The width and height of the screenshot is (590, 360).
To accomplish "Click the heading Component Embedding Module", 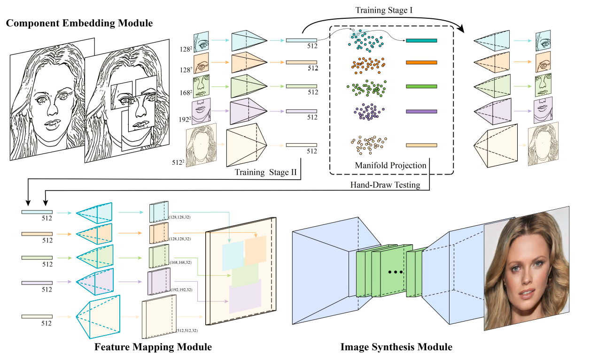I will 79,22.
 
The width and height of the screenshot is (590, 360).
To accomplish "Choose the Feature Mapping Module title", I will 153,347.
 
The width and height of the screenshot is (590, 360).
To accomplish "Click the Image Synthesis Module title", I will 396,347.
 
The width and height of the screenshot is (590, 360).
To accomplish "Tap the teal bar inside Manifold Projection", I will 421,41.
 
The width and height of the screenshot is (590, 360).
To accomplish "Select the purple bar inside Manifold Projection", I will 421,111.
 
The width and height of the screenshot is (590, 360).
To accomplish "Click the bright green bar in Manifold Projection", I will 421,86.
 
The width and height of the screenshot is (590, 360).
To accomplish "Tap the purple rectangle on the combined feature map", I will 245,296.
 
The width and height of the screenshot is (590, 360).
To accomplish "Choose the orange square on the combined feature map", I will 255,249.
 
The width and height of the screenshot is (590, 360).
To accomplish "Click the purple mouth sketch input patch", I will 201,111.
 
